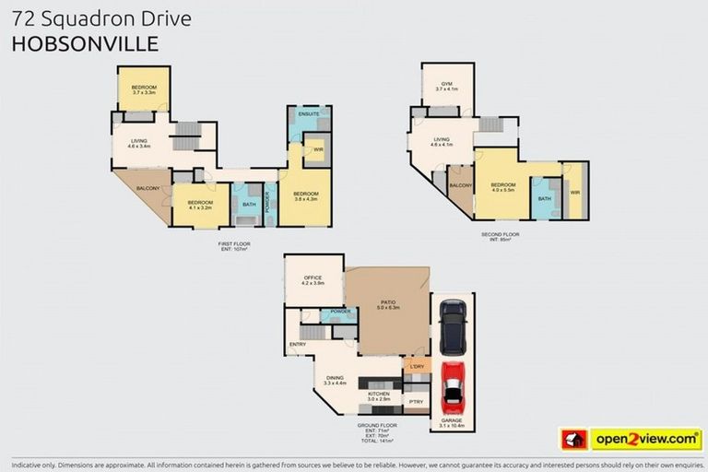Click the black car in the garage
[452, 326]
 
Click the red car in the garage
[452, 388]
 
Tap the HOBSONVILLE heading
[85, 42]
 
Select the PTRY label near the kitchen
[416, 401]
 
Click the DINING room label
[335, 376]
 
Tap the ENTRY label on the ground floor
[297, 344]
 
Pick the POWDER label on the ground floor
[339, 312]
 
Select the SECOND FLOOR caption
[500, 234]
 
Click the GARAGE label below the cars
[452, 420]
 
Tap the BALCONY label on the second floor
[460, 185]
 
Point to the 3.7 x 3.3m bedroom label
[144, 89]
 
